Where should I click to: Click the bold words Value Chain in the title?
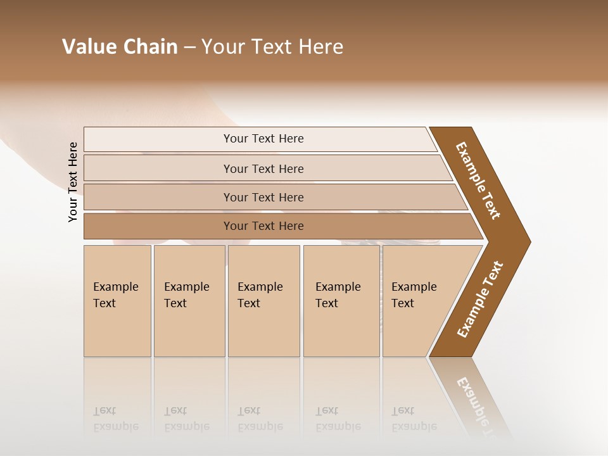tap(120, 47)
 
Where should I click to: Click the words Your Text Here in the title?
tap(272, 47)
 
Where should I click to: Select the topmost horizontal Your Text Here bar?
tap(263, 139)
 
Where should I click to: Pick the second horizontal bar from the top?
tap(263, 168)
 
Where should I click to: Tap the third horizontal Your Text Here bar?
tap(263, 197)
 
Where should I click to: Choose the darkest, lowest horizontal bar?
tap(263, 226)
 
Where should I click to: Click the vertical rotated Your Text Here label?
tap(73, 182)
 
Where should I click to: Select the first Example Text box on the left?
tap(117, 300)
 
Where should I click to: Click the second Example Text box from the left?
tap(189, 300)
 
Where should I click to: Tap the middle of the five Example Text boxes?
tap(263, 300)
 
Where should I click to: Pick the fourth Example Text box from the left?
tap(341, 300)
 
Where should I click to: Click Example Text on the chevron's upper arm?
tap(478, 180)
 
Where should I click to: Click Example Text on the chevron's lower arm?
tap(480, 300)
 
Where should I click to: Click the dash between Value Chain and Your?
tap(189, 47)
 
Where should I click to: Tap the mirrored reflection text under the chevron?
tap(476, 405)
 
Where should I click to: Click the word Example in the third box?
tap(260, 287)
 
